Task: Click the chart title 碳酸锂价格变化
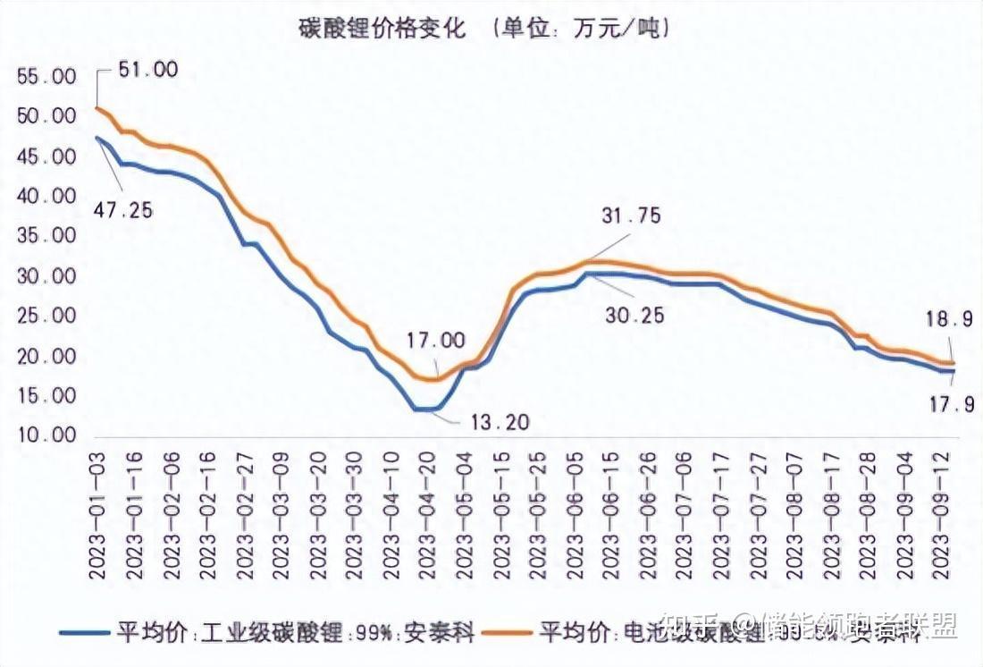[x=382, y=29]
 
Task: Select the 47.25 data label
[x=122, y=210]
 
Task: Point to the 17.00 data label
[x=436, y=340]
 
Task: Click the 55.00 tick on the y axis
[x=46, y=77]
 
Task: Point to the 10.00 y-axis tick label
[x=46, y=436]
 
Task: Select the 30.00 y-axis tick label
[x=46, y=276]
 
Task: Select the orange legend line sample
[x=508, y=631]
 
